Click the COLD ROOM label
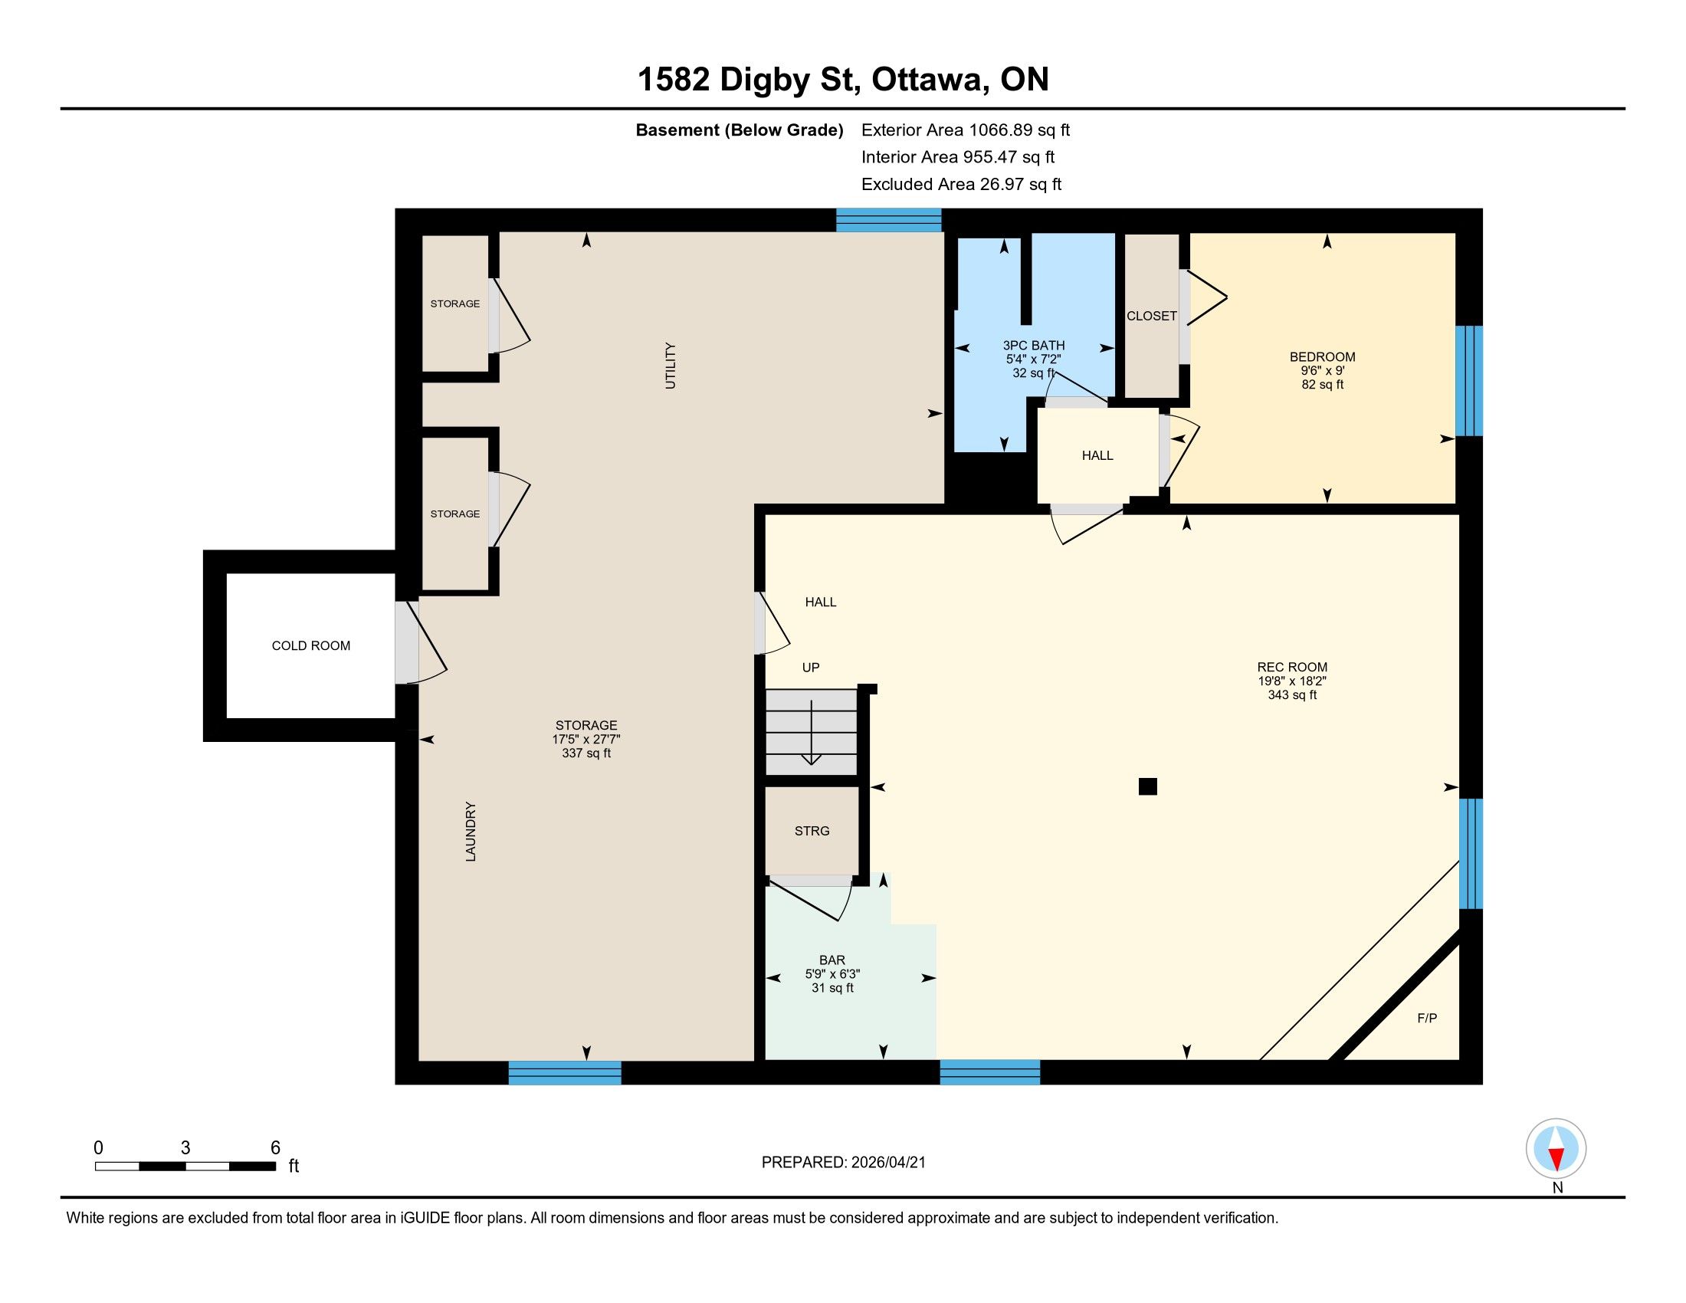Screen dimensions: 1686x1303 coord(310,645)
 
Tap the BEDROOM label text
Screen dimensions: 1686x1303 coord(1322,356)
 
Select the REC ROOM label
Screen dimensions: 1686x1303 coord(1291,667)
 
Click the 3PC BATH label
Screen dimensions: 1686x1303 coord(1033,345)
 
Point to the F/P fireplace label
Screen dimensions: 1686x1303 coord(1427,1018)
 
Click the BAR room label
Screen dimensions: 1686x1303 coord(832,960)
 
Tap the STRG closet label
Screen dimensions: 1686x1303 coord(812,831)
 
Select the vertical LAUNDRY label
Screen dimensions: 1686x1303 coord(470,832)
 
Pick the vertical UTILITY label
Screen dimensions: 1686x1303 coord(670,366)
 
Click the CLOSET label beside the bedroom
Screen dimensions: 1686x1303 coord(1151,316)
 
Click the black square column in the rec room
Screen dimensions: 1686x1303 coord(1147,786)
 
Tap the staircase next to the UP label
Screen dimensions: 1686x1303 coord(811,732)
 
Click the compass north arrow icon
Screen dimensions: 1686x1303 coord(1556,1149)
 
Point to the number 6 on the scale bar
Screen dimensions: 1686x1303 coord(275,1148)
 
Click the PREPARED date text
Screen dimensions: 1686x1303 coord(843,1163)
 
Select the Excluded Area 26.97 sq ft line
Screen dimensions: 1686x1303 coord(961,184)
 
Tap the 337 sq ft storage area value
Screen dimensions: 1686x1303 coord(586,753)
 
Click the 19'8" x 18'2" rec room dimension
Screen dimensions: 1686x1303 coord(1291,681)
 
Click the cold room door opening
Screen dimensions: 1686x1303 coord(405,642)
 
